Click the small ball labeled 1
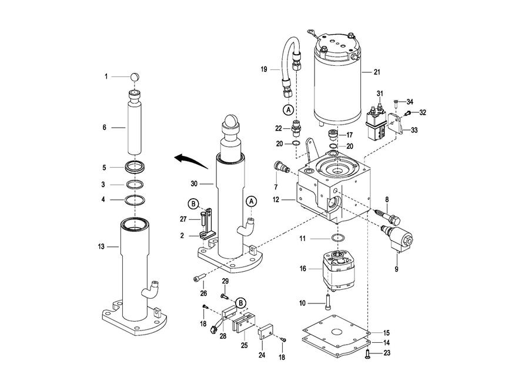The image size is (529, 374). click(135, 77)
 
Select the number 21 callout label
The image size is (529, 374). click(377, 72)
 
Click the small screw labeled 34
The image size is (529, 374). click(396, 102)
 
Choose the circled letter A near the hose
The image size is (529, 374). click(289, 109)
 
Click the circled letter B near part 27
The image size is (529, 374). click(193, 204)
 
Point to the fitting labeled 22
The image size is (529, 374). click(296, 128)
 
